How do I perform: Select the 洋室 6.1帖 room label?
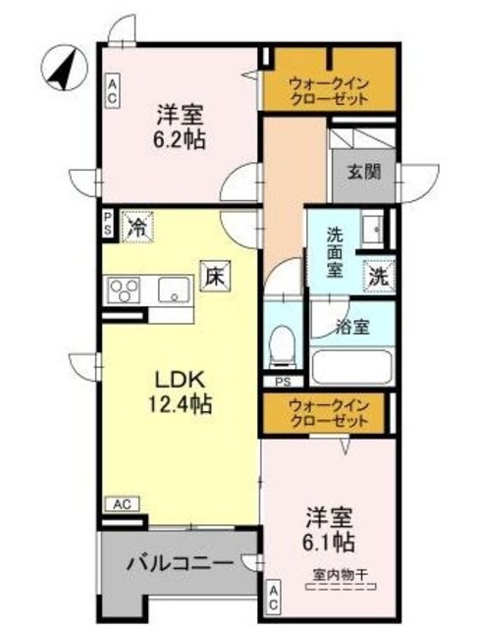tap(329, 528)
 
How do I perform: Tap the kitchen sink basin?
tap(175, 289)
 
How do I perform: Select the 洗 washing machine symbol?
tap(377, 277)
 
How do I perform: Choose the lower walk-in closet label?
tap(329, 413)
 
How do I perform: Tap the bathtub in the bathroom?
tap(351, 368)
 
